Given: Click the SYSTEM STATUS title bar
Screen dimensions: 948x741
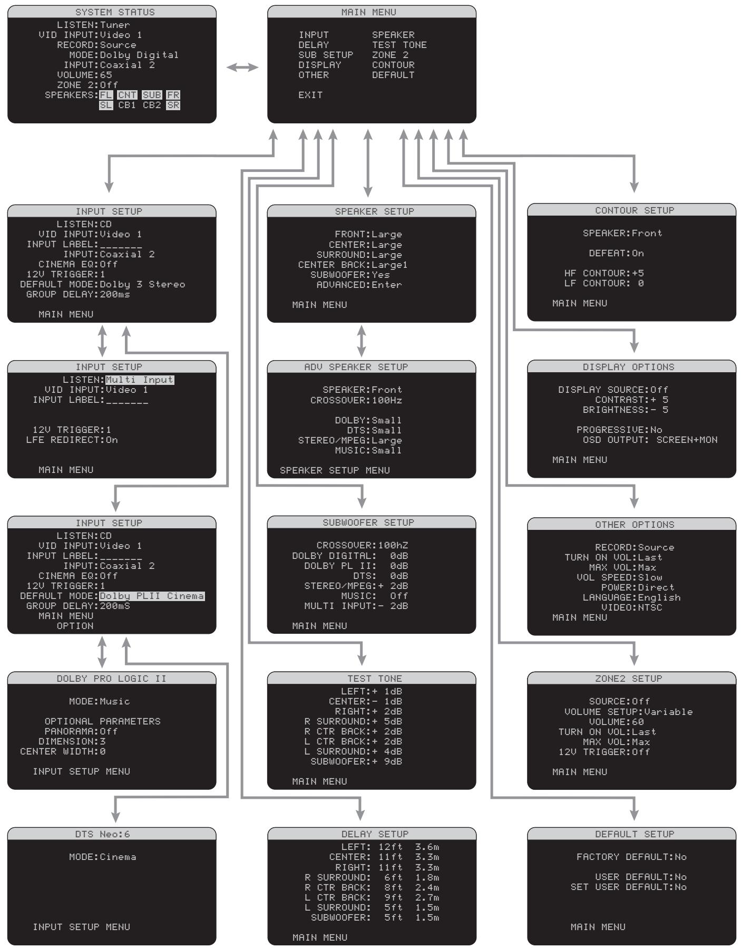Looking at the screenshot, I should [112, 12].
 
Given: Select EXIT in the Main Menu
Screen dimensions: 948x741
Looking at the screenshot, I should [310, 95].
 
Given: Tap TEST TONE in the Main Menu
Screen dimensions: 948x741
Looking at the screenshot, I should [399, 45].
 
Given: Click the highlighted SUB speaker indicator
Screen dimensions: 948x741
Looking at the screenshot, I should [152, 95].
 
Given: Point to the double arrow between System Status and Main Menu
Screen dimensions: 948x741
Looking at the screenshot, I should [242, 67].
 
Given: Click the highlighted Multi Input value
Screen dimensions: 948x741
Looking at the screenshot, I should [140, 380].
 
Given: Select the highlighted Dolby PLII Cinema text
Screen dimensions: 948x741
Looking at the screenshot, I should [152, 596].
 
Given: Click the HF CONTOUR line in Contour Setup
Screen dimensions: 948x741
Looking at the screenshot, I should [604, 273].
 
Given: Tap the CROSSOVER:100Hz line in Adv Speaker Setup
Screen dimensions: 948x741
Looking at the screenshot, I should [356, 400].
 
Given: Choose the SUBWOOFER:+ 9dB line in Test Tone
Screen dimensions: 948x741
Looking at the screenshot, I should [356, 761].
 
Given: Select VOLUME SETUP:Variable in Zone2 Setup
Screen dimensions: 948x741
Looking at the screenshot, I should [628, 712].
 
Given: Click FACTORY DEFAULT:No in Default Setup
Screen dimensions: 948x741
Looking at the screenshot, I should [631, 857].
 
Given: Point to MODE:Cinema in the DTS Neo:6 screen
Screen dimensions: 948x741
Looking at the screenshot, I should [102, 857].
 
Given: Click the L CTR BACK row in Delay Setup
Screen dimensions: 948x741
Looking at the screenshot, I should [372, 897].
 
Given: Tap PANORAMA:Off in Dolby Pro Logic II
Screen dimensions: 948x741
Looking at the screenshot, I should [81, 731].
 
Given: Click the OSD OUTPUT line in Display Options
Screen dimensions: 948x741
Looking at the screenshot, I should [649, 440].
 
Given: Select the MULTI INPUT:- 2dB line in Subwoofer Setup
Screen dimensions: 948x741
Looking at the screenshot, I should [356, 606].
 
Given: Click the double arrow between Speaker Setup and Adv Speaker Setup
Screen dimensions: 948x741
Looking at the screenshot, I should [362, 341].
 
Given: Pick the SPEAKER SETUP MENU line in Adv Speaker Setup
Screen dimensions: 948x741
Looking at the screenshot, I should [335, 470].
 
